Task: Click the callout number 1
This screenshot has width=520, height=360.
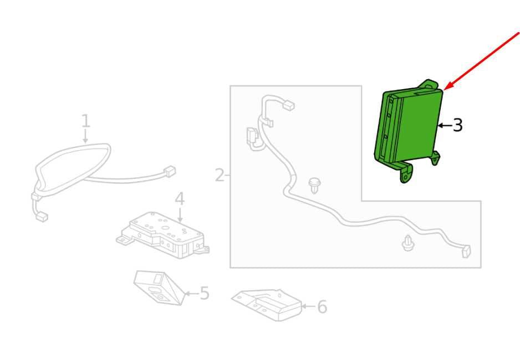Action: pyautogui.click(x=85, y=121)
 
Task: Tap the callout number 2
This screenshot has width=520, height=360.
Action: pyautogui.click(x=220, y=175)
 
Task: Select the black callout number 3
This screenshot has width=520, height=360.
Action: pyautogui.click(x=458, y=126)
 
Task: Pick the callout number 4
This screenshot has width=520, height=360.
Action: pyautogui.click(x=180, y=199)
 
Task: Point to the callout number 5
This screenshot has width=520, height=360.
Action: pyautogui.click(x=205, y=294)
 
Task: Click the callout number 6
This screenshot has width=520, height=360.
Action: pyautogui.click(x=322, y=307)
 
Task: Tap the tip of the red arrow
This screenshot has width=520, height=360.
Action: pyautogui.click(x=444, y=89)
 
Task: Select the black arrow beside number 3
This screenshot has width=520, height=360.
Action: pyautogui.click(x=445, y=126)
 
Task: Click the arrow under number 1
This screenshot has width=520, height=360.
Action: pyautogui.click(x=85, y=136)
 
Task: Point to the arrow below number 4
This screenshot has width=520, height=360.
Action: pyautogui.click(x=180, y=214)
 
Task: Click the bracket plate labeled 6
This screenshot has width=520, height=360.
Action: pyautogui.click(x=267, y=305)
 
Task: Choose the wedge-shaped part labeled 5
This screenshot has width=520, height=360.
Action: pyautogui.click(x=159, y=287)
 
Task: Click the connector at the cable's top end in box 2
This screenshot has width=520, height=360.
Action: pyautogui.click(x=289, y=106)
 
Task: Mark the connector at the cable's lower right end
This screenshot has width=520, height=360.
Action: pyautogui.click(x=466, y=251)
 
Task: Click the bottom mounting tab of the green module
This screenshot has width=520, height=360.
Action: pyautogui.click(x=407, y=173)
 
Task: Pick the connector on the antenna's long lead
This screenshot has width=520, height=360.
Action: pyautogui.click(x=170, y=172)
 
